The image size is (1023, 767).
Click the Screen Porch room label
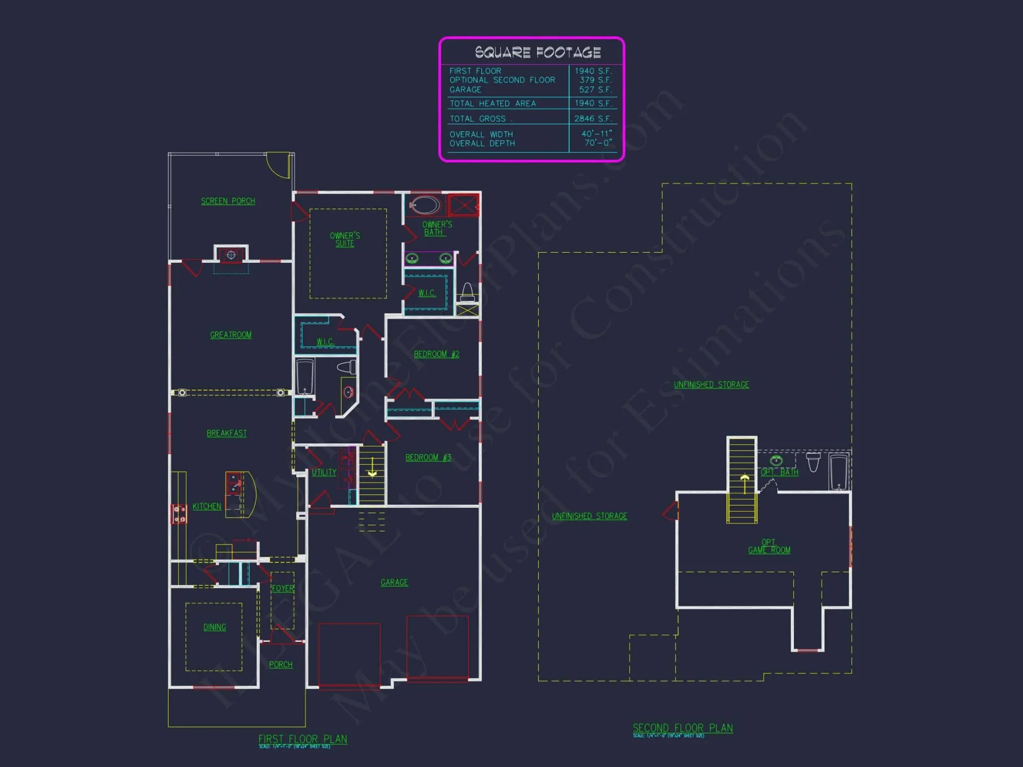click(x=228, y=201)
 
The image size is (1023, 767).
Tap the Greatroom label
click(x=231, y=335)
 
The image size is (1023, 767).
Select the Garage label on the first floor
click(x=394, y=582)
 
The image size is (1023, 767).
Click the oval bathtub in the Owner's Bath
click(x=425, y=205)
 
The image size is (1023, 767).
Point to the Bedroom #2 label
click(x=436, y=354)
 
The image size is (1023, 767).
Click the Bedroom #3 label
click(x=428, y=458)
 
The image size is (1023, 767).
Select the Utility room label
click(x=324, y=472)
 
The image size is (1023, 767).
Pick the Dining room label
click(x=214, y=627)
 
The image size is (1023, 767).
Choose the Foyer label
click(x=283, y=589)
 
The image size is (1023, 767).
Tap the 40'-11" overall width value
click(x=596, y=134)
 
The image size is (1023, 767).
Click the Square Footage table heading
click(x=538, y=52)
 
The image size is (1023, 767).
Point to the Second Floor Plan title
click(x=682, y=728)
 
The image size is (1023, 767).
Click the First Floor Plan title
click(x=303, y=739)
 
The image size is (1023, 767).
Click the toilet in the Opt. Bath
click(x=813, y=461)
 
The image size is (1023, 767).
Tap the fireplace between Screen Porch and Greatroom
click(x=231, y=255)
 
